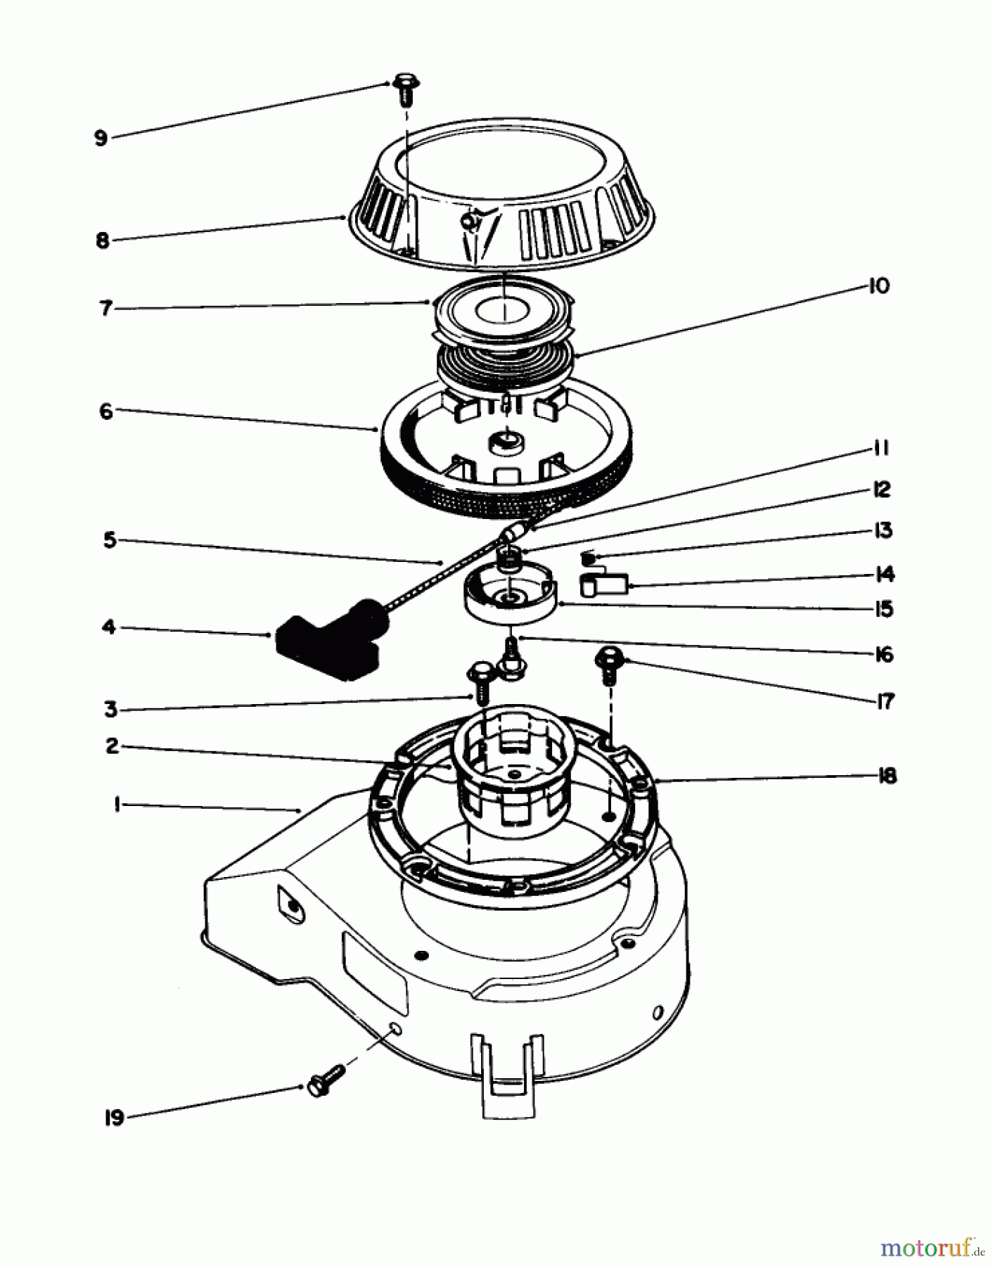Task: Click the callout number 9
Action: [x=101, y=138]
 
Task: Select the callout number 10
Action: [x=879, y=286]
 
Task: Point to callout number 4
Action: [x=108, y=626]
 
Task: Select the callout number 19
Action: [x=114, y=1118]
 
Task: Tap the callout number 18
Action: [x=888, y=776]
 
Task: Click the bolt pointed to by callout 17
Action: [x=609, y=665]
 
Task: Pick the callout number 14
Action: [x=885, y=575]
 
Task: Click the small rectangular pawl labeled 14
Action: [x=604, y=584]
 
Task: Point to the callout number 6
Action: [x=106, y=411]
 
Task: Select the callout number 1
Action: [x=117, y=804]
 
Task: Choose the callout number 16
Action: [x=884, y=655]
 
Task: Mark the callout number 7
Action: [x=106, y=308]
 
